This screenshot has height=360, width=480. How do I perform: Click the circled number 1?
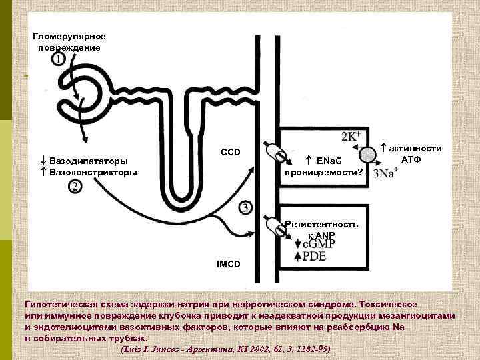58,60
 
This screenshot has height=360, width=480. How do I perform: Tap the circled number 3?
245,207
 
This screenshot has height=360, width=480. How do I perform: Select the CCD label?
231,153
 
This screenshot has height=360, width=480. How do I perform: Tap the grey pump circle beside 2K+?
367,154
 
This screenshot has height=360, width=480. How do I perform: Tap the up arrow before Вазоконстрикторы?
42,172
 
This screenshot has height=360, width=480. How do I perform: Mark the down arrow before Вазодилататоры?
42,161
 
